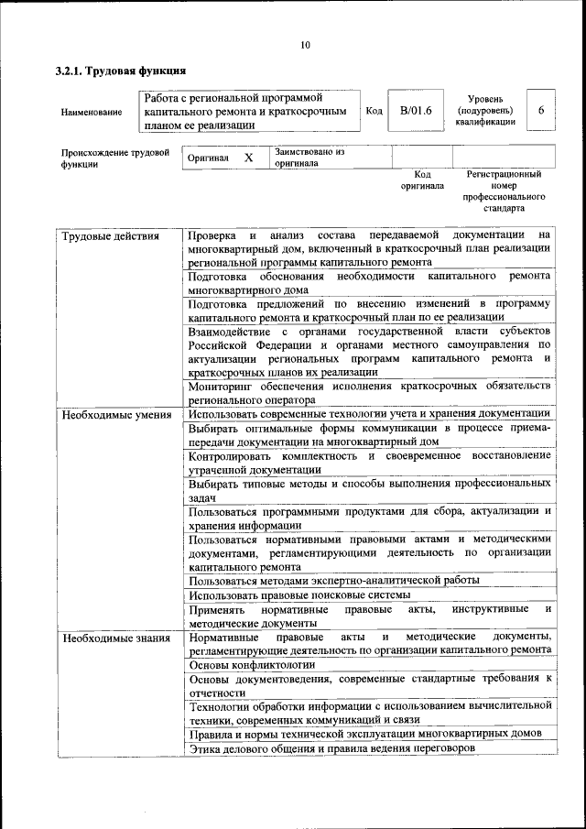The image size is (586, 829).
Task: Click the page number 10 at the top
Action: [305, 45]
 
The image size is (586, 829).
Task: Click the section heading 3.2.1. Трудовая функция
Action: [121, 71]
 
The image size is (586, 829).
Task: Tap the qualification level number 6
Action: [541, 110]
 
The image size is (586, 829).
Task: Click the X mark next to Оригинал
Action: [248, 158]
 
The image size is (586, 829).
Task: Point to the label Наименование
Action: [91, 112]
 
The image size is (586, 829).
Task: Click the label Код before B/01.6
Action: [374, 111]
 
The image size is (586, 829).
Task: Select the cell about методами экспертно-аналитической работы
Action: [334, 580]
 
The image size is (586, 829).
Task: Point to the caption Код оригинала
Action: [421, 180]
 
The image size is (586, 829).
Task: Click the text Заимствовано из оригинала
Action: [309, 158]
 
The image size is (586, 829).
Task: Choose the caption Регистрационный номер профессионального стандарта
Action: [504, 191]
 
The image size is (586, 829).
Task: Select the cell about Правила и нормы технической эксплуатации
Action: [366, 734]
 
